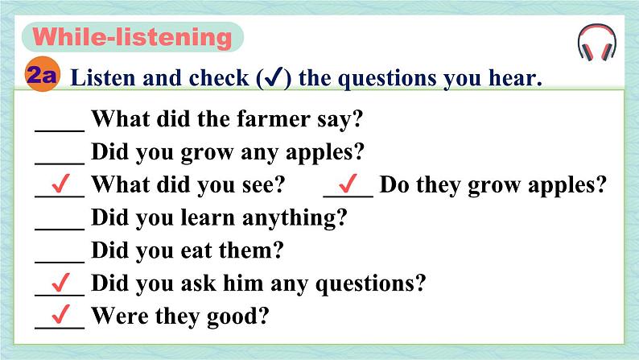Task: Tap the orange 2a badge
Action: pyautogui.click(x=43, y=74)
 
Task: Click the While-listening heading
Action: pyautogui.click(x=133, y=37)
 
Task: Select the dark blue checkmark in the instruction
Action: pyautogui.click(x=274, y=77)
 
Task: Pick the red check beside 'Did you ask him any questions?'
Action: pyautogui.click(x=60, y=282)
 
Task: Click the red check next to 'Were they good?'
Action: pyautogui.click(x=60, y=314)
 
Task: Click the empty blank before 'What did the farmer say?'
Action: pyautogui.click(x=60, y=130)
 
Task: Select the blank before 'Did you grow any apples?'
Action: pyautogui.click(x=60, y=163)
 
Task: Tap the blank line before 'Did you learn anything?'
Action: pyautogui.click(x=60, y=230)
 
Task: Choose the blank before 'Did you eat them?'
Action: pyautogui.click(x=60, y=262)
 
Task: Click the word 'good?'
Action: pyautogui.click(x=237, y=317)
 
